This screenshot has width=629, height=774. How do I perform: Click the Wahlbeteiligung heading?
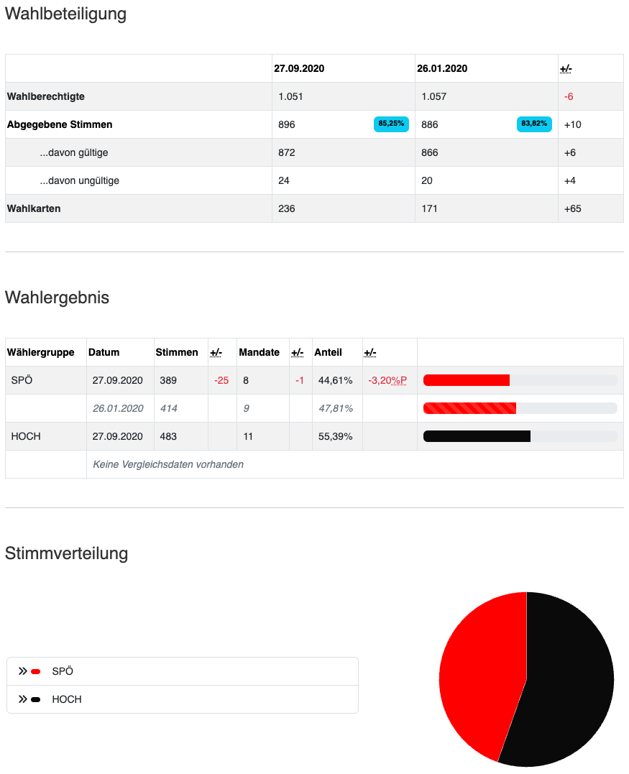(x=65, y=14)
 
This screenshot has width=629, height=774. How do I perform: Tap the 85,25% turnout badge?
(x=391, y=124)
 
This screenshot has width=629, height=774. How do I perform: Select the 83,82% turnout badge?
(x=534, y=124)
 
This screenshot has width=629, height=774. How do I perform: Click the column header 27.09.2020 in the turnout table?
(x=299, y=69)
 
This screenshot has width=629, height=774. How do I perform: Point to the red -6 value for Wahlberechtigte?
(x=569, y=96)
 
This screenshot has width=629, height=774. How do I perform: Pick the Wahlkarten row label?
(x=34, y=208)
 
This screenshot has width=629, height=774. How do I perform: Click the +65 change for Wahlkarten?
(x=573, y=208)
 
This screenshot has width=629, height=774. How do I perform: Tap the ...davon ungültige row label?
(x=79, y=180)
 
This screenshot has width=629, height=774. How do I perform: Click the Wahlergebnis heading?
(x=57, y=298)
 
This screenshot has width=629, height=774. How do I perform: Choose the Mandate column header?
(x=259, y=352)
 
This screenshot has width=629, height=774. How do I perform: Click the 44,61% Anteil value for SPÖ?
(x=336, y=380)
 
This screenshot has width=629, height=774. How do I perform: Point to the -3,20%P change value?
(x=387, y=380)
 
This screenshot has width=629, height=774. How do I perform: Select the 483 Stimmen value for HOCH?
(x=168, y=436)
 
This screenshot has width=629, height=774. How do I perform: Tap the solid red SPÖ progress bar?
(x=467, y=380)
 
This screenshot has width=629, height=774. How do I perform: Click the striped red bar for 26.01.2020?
(x=469, y=408)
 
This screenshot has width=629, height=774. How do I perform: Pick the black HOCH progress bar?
(x=477, y=436)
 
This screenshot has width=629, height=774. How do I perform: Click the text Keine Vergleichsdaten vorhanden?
(x=168, y=464)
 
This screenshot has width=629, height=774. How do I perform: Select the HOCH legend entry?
(x=67, y=699)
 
